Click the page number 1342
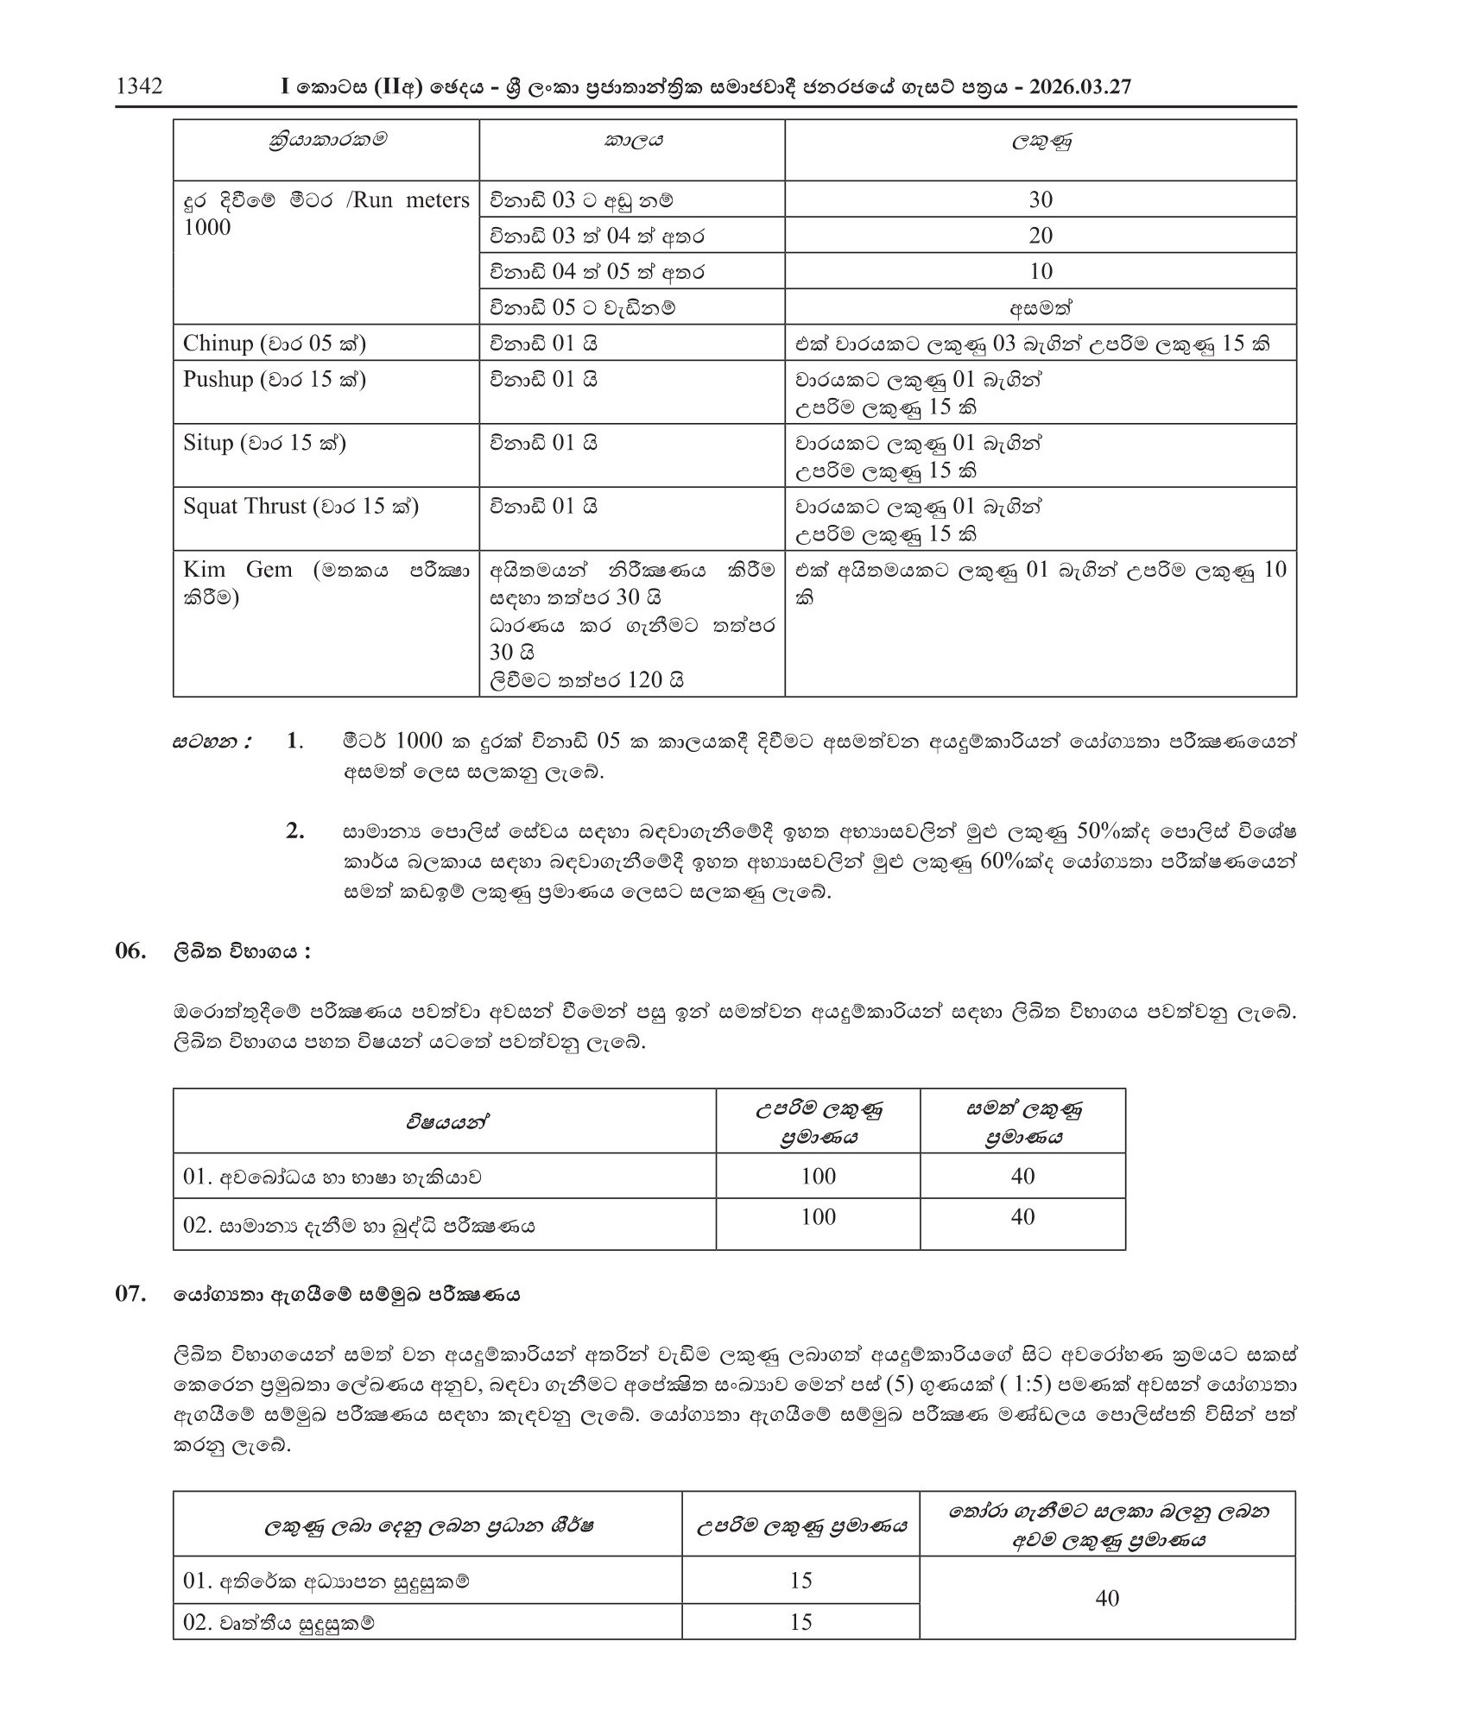coord(139,87)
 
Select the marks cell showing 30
coord(1041,199)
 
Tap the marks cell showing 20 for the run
coord(1041,236)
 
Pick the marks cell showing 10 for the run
coord(1041,272)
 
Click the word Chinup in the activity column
coord(218,344)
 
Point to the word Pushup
coord(218,380)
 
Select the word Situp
coord(208,443)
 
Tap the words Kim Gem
coord(237,570)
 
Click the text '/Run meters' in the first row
coord(410,200)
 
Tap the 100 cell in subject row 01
coord(818,1176)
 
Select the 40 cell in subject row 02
coord(1022,1217)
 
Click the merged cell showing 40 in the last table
coord(1107,1599)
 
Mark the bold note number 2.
coord(294,832)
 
